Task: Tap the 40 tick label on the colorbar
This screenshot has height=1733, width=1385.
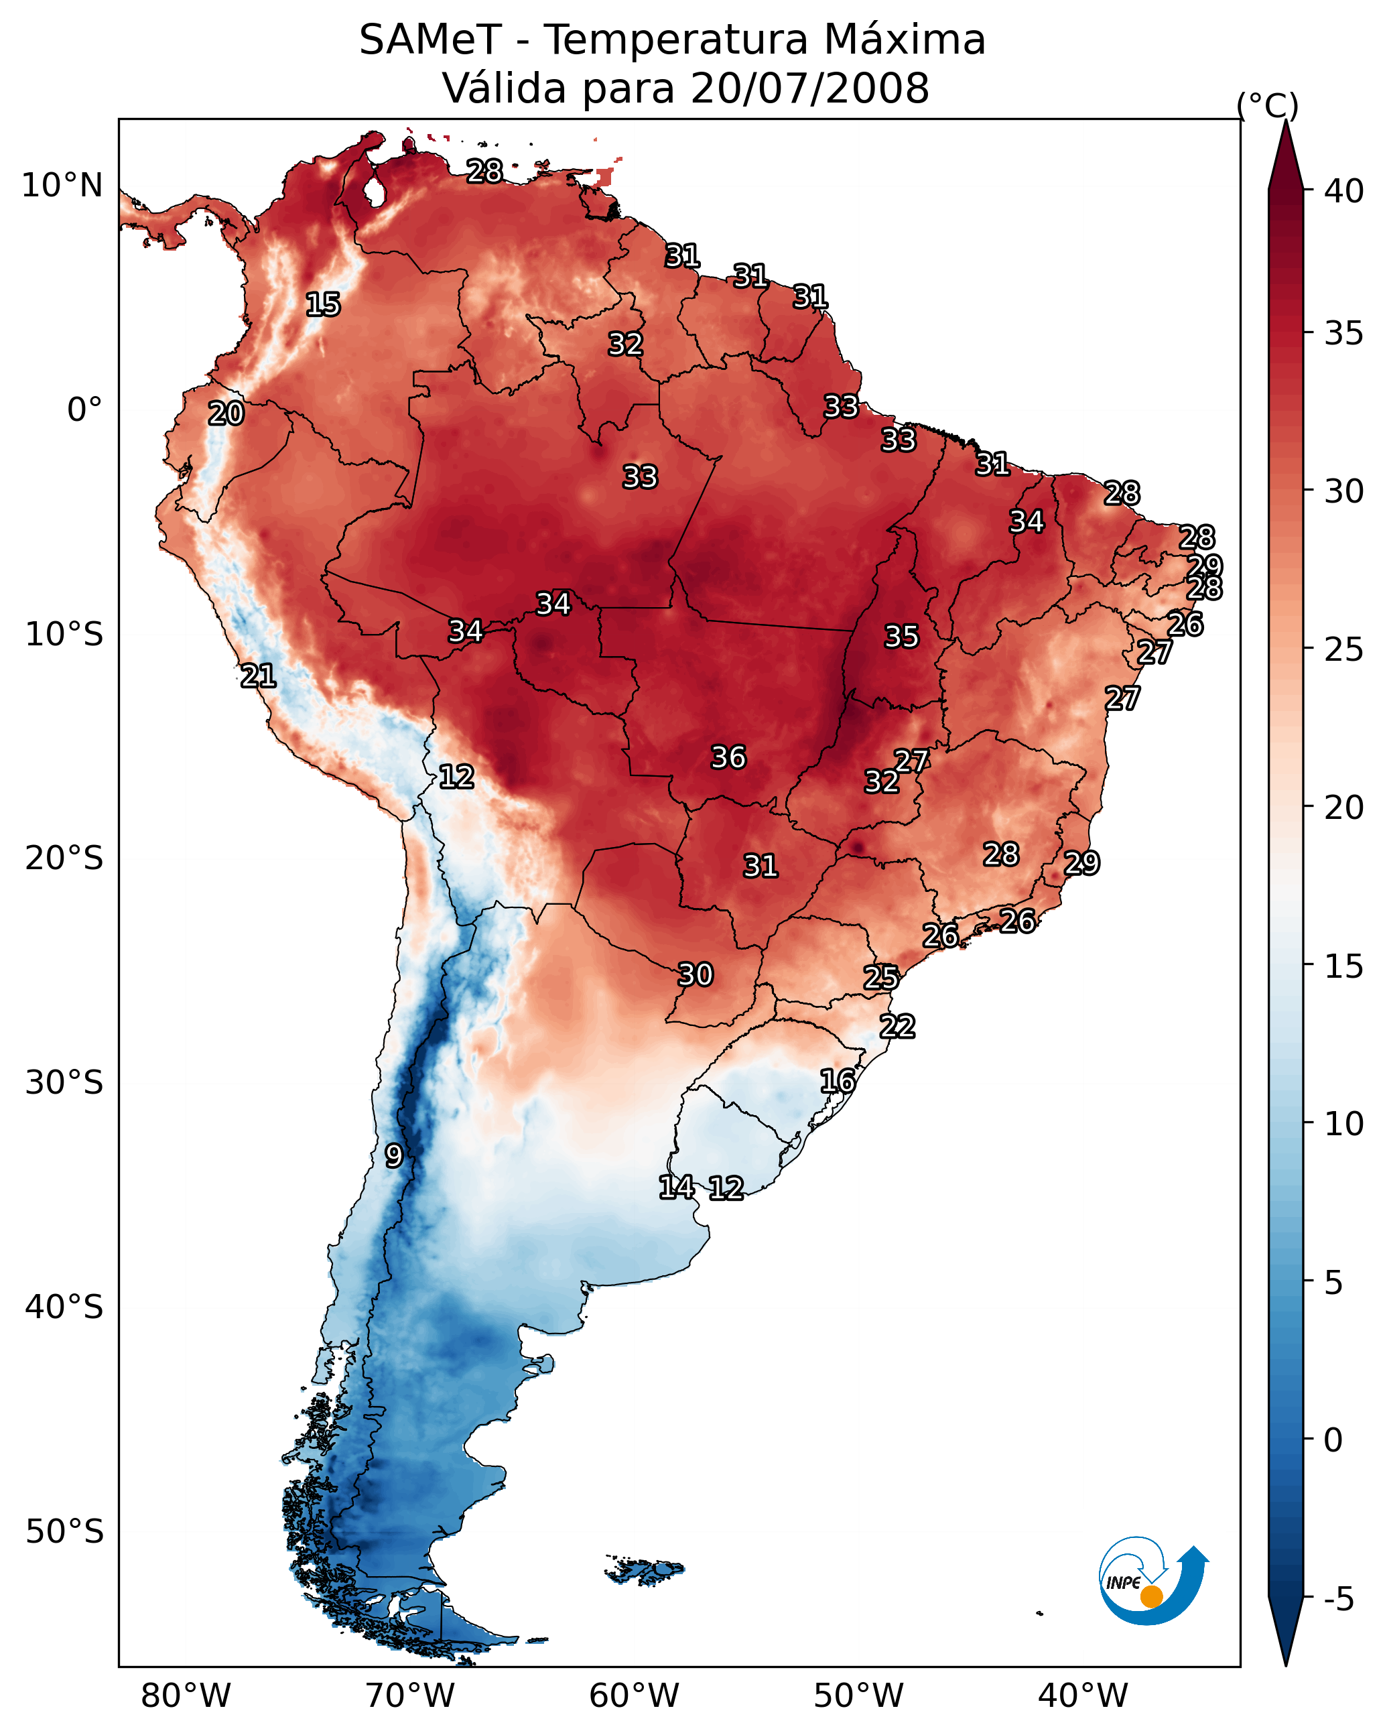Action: tap(1344, 191)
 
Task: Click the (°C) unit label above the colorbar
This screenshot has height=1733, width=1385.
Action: tap(1268, 105)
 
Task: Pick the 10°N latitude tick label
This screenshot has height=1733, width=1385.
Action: tap(62, 186)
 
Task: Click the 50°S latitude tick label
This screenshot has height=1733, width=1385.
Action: tap(64, 1532)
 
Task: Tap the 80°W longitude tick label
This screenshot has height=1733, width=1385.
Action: tap(186, 1696)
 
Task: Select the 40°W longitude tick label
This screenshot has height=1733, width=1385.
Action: tap(1083, 1696)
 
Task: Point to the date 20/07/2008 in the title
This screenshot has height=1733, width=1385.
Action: tap(809, 88)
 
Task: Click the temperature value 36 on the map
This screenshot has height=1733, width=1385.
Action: tap(728, 757)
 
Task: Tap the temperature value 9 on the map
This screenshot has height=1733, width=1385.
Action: tap(393, 1156)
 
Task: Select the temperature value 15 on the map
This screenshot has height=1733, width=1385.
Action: tap(323, 305)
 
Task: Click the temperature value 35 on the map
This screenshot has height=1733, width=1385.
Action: tap(901, 637)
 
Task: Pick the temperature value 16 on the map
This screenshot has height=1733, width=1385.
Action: tap(838, 1081)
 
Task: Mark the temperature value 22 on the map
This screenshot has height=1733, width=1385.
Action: tap(897, 1027)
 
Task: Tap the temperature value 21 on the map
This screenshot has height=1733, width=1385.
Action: tap(258, 676)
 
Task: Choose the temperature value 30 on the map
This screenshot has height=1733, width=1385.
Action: tap(696, 975)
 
